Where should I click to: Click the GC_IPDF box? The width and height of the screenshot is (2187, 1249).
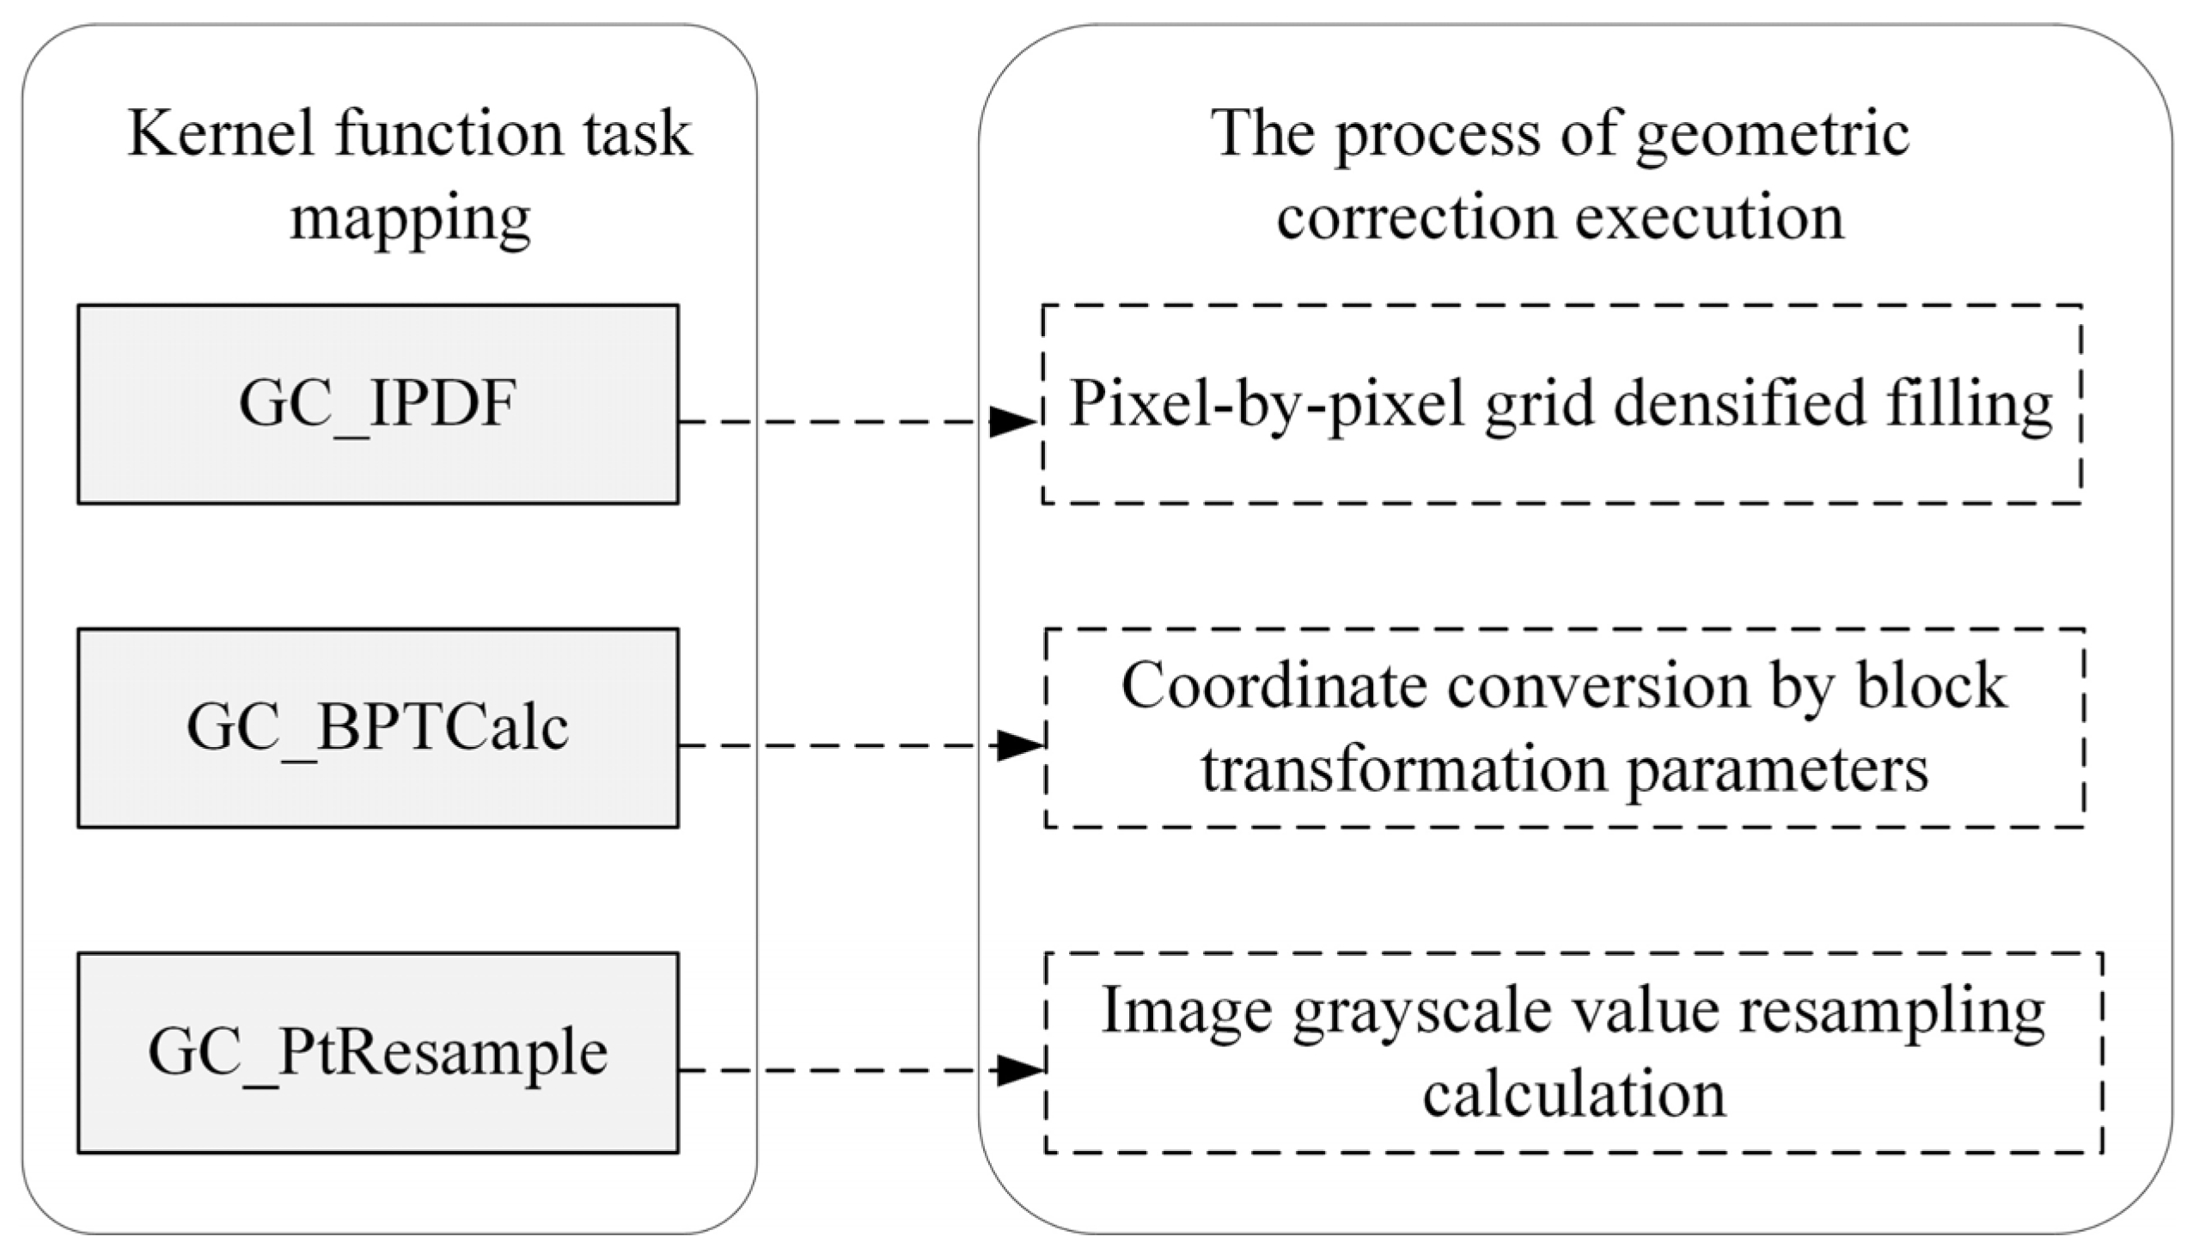pyautogui.click(x=378, y=404)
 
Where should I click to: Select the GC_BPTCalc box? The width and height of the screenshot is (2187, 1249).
pyautogui.click(x=378, y=728)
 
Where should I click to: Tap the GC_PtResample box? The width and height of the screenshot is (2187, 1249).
pyautogui.click(x=378, y=1052)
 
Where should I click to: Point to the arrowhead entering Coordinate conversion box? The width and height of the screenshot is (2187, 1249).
pyautogui.click(x=1020, y=745)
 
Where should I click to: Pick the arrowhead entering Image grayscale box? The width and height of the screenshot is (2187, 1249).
pyautogui.click(x=1020, y=1070)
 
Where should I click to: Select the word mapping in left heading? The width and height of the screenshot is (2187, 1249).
pyautogui.click(x=410, y=218)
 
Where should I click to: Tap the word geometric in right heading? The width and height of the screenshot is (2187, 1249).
pyautogui.click(x=1772, y=136)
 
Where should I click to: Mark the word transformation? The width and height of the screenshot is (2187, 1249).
pyautogui.click(x=1404, y=768)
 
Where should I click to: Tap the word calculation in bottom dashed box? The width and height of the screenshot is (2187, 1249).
pyautogui.click(x=1573, y=1094)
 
